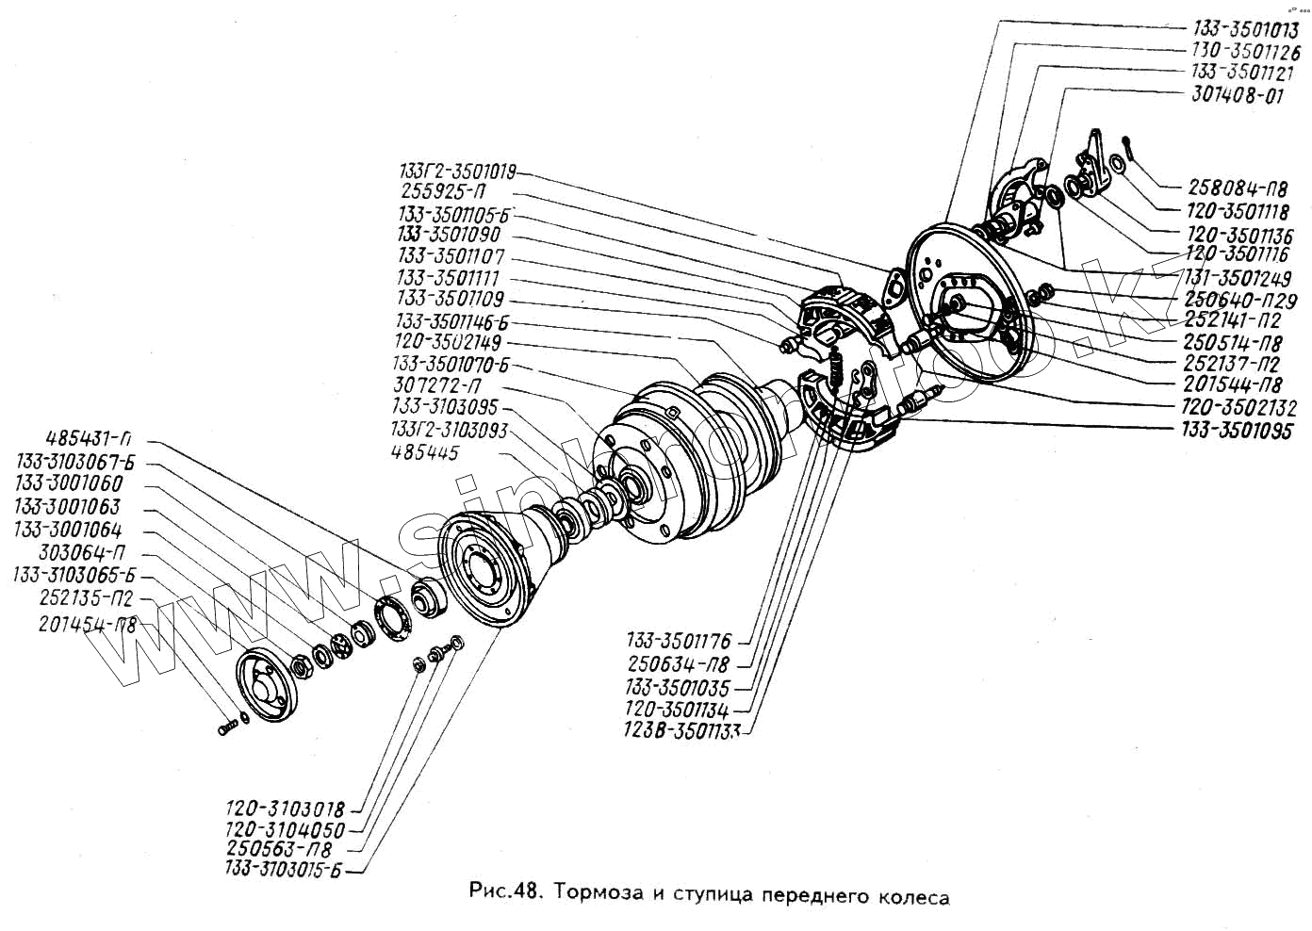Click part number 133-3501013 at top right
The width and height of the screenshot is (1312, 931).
tap(1245, 30)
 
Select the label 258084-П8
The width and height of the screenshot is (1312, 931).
tap(1236, 189)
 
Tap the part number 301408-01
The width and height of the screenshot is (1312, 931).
tap(1237, 95)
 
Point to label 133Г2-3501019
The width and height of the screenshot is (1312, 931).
tap(456, 171)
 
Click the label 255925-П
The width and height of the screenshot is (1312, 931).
tap(442, 192)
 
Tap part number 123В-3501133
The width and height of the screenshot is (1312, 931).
tap(681, 730)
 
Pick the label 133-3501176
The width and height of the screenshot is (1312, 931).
tap(677, 642)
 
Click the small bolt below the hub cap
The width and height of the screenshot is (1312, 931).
tap(227, 728)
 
